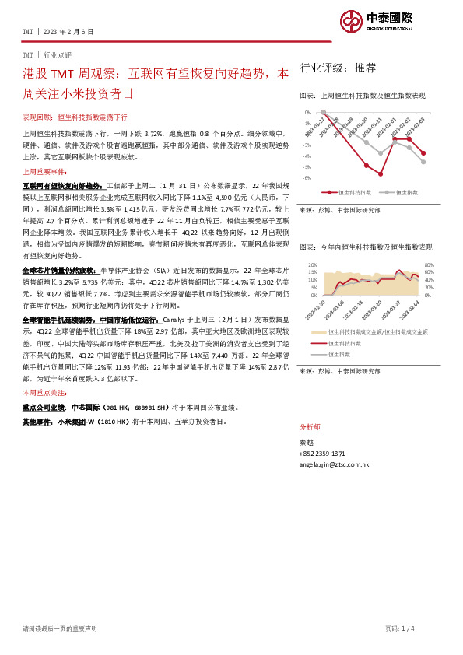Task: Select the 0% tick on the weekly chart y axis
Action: pyautogui.click(x=308, y=112)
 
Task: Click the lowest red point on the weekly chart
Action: pyautogui.click(x=381, y=173)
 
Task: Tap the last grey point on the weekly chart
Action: pyautogui.click(x=423, y=162)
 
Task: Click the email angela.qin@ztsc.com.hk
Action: pyautogui.click(x=335, y=464)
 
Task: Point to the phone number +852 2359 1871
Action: pyautogui.click(x=322, y=453)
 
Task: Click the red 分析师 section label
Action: pyautogui.click(x=309, y=428)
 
